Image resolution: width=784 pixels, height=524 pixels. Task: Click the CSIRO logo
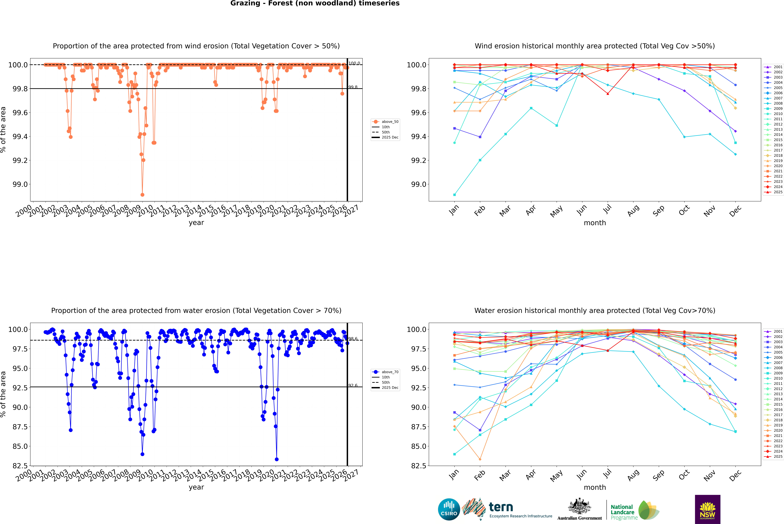coord(449,509)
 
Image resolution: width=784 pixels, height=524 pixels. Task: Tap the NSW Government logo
coord(707,509)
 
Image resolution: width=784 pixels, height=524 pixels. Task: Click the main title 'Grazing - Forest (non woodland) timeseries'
coord(315,3)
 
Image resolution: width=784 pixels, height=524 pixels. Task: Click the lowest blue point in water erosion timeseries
coord(277,459)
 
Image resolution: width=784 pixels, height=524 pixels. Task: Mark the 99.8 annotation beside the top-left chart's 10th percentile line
coord(353,87)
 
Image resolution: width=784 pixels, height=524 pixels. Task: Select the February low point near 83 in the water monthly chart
coord(480,459)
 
